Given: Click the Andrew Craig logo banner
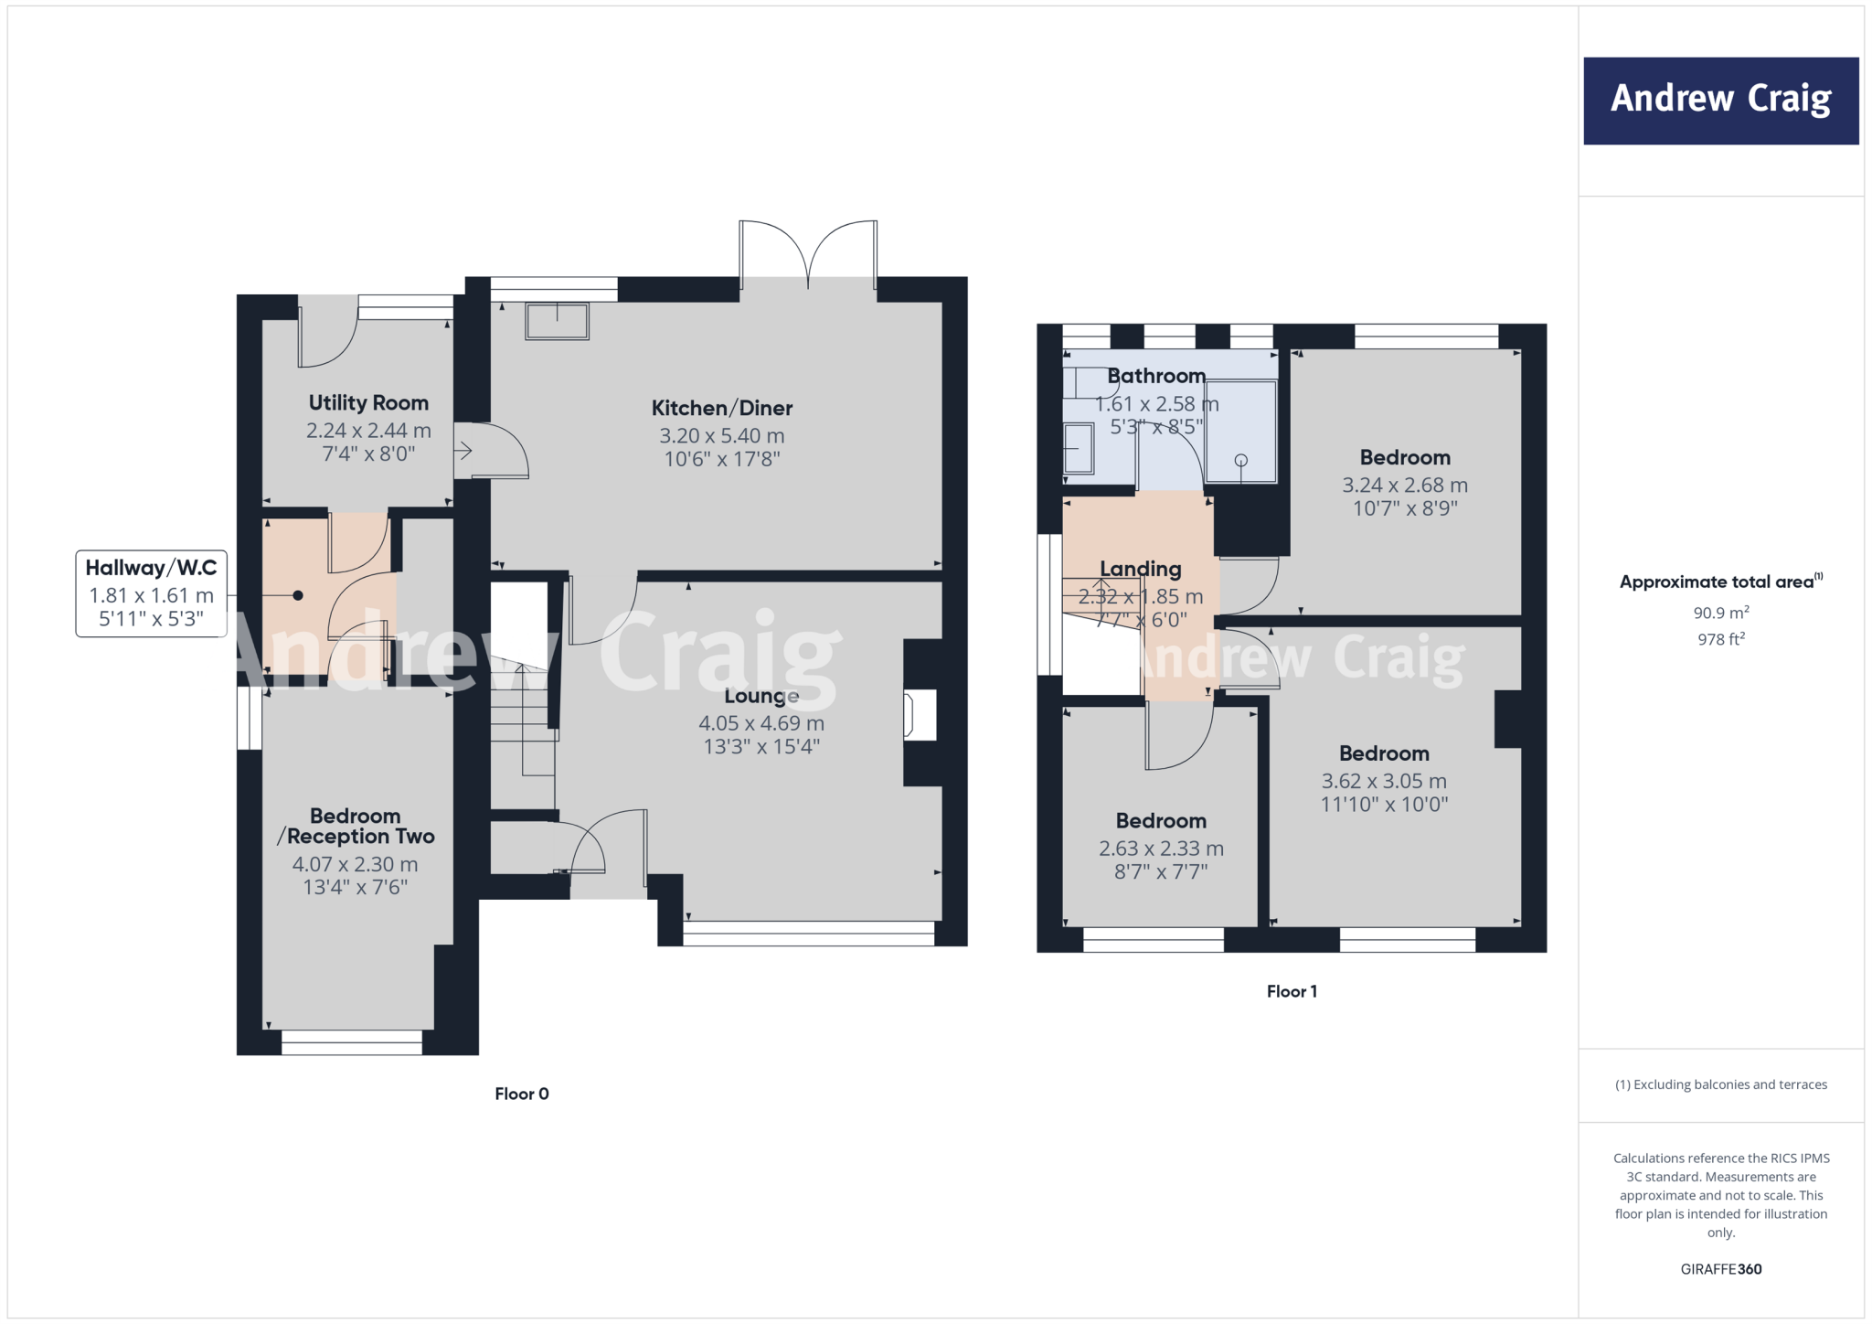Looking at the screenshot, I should click(1720, 101).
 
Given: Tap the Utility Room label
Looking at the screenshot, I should click(368, 403).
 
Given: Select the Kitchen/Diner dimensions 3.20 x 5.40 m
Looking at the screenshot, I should click(722, 436).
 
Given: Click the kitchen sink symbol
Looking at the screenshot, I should click(557, 321).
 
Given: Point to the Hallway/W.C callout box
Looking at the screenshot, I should click(151, 593).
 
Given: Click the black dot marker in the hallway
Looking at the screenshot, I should click(298, 595).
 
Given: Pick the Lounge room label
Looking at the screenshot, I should click(761, 696).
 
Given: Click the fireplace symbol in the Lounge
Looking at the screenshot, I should click(920, 715).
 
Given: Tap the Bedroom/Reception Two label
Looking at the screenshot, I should click(356, 826).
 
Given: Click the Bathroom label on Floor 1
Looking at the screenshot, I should click(1156, 376).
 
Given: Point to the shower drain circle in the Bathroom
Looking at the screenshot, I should click(1240, 460).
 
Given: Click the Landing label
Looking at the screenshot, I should click(1140, 569).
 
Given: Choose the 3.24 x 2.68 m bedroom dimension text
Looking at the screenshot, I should click(1404, 486).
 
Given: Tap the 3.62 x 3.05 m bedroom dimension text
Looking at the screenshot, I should click(1384, 781).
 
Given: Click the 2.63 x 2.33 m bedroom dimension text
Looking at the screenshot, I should click(1161, 849).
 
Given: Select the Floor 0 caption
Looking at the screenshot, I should click(521, 1094).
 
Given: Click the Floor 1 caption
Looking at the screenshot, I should click(1292, 991).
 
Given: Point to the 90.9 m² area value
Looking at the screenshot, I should click(1720, 613).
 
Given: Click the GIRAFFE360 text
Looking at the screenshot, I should click(1720, 1269).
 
